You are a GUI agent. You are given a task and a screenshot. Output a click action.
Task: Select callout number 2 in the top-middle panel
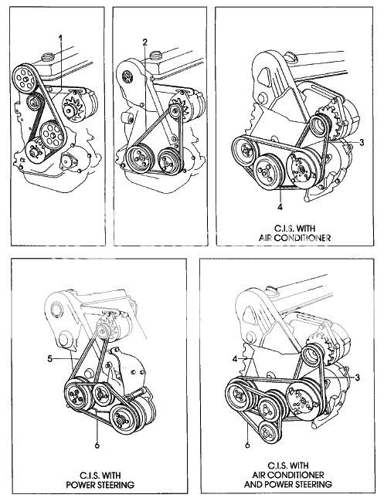pos(144,41)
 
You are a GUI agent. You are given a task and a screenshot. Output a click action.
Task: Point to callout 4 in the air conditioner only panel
pos(278,207)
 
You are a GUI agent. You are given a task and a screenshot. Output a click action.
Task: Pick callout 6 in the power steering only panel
pos(97,444)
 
